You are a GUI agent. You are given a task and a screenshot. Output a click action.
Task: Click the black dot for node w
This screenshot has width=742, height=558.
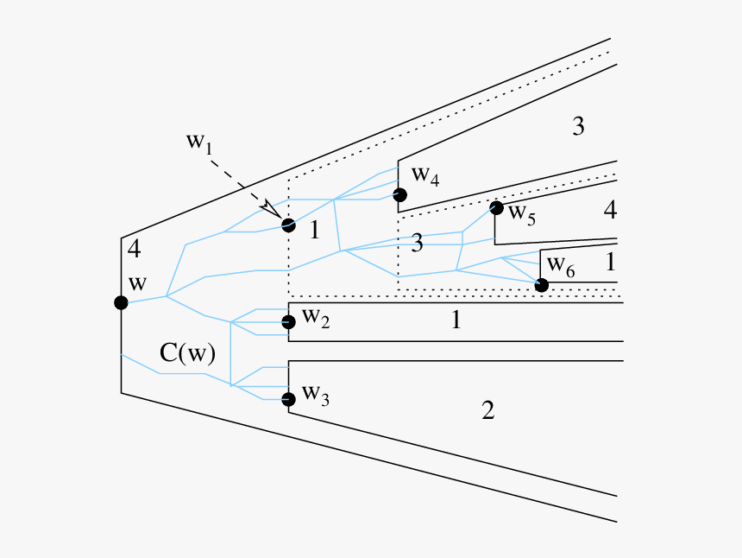point(121,302)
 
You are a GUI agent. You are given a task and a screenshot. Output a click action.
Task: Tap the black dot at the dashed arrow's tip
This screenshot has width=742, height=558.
point(288,225)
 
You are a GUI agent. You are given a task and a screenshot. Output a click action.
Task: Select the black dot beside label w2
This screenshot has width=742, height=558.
point(288,322)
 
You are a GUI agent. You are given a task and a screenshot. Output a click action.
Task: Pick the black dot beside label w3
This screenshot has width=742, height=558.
point(288,398)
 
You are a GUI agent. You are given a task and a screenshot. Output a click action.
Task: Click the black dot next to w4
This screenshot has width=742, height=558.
point(399,195)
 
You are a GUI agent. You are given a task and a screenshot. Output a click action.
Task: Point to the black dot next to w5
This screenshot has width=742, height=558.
point(496,208)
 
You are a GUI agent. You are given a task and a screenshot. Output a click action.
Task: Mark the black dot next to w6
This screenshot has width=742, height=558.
point(541,285)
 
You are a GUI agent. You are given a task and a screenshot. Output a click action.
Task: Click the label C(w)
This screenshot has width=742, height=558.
point(187,352)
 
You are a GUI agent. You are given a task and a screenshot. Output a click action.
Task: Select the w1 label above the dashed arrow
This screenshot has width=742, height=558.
point(199,143)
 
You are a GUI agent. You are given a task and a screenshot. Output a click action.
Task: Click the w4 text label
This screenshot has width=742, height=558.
point(425,175)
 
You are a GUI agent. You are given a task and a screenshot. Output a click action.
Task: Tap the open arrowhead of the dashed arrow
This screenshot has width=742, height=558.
point(272,210)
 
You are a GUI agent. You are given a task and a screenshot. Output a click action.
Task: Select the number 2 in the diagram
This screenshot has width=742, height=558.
point(487,411)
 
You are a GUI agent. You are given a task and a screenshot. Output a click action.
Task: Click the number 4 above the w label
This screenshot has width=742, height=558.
point(134,250)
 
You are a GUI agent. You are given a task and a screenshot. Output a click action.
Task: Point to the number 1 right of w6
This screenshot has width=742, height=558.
point(610,260)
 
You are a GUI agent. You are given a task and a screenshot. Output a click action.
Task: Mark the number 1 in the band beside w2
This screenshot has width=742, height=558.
point(456,320)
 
